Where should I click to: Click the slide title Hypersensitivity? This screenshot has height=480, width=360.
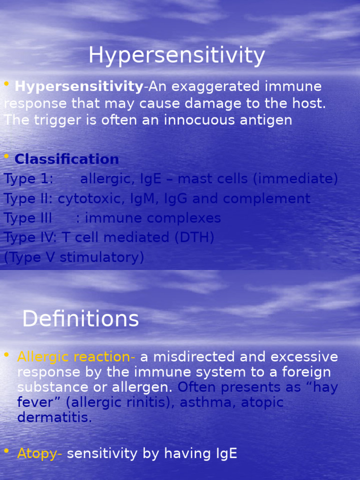coord(177,56)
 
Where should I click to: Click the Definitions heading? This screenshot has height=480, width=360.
coord(81,320)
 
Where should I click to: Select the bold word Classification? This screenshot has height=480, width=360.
coord(67,159)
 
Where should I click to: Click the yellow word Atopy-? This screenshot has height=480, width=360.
coord(40,453)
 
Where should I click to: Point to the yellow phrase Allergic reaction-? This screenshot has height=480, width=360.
coord(76,357)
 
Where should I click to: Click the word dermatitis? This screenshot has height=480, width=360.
coord(54,417)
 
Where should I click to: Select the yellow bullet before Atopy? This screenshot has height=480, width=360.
coord(7,451)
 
